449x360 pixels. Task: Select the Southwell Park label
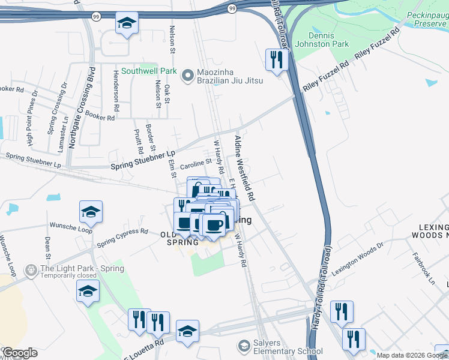149,71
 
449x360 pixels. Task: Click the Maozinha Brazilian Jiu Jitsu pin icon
188,75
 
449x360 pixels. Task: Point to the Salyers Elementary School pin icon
244,346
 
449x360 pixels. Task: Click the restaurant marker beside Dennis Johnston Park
277,59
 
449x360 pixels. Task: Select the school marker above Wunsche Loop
91,211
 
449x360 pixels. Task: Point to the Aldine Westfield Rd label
245,168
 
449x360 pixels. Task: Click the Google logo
20,352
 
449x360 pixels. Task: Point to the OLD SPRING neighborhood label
179,238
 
